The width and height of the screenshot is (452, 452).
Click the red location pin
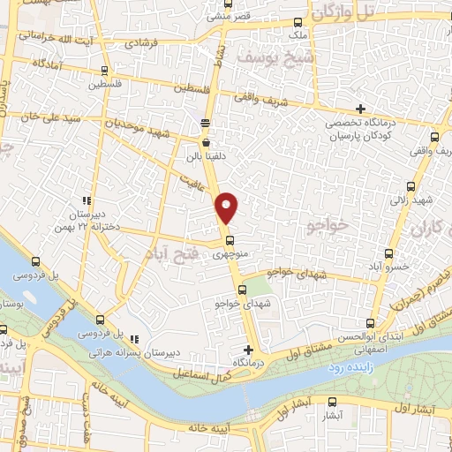[228, 207]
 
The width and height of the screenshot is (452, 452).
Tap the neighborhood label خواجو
[328, 227]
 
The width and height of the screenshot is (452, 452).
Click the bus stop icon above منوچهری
[228, 239]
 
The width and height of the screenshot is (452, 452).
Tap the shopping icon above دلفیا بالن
[206, 141]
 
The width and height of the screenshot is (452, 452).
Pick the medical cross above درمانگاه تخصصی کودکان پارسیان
[360, 108]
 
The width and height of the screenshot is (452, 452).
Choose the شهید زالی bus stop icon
[411, 186]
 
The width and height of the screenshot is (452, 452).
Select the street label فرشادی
[143, 41]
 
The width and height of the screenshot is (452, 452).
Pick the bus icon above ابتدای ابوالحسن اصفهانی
[370, 322]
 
